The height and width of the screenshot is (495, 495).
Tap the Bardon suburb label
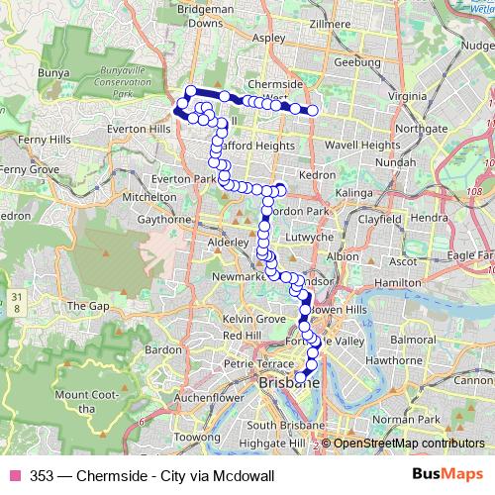coord(162,349)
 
